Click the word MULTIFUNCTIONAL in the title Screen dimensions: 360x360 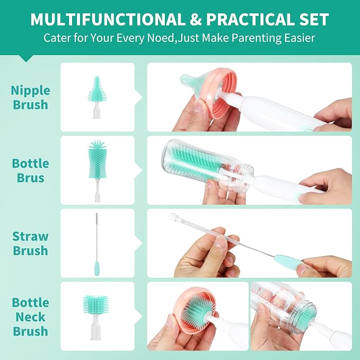tap(108, 20)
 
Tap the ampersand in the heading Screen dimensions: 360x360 tap(196, 20)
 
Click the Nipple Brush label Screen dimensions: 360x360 tap(31, 98)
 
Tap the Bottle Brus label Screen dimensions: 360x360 tap(31, 171)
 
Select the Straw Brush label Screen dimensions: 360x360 tap(31, 243)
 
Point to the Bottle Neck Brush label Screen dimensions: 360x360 tap(31, 317)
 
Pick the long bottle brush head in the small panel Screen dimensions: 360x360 tap(98, 160)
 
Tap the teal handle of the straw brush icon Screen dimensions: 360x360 tap(97, 268)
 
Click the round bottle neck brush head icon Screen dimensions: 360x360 tap(96, 305)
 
